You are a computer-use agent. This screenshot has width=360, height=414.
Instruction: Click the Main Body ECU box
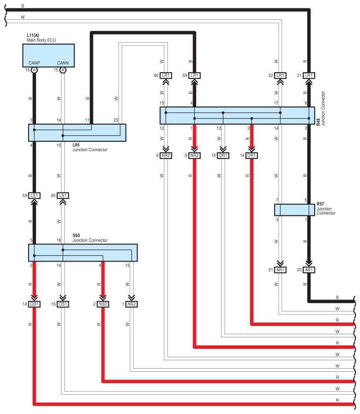click(48, 55)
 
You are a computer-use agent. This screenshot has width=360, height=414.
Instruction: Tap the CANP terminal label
click(34, 63)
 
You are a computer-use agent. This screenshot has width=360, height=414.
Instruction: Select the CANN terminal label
click(63, 63)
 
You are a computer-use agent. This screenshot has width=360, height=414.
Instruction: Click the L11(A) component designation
click(33, 35)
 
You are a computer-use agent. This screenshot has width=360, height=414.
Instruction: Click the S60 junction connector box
click(83, 253)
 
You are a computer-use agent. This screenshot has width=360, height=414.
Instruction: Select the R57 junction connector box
click(294, 210)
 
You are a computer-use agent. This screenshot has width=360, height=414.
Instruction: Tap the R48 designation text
click(318, 122)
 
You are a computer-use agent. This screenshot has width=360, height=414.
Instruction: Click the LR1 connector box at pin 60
click(166, 75)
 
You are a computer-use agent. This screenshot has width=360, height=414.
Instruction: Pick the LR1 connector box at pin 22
click(280, 75)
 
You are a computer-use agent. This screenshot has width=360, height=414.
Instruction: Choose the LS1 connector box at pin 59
click(34, 196)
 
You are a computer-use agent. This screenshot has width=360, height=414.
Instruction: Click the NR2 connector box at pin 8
click(194, 155)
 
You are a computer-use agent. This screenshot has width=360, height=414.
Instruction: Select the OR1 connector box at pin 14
click(252, 155)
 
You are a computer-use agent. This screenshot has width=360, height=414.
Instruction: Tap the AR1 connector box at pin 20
click(309, 270)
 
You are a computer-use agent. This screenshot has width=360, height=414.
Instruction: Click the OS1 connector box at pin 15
click(63, 304)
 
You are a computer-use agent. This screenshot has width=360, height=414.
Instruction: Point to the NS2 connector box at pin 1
click(132, 304)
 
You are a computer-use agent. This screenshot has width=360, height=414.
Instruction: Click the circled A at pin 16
click(34, 70)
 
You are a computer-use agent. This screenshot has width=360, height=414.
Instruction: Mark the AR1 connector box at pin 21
click(280, 270)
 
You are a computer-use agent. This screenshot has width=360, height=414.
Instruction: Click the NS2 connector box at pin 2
click(103, 304)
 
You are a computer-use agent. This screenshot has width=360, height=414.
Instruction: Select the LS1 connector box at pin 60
click(63, 196)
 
